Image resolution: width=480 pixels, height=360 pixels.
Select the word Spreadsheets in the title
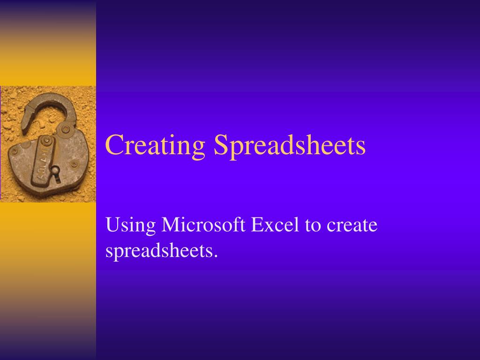click(289, 145)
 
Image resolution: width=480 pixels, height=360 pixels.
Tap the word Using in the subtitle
click(131, 226)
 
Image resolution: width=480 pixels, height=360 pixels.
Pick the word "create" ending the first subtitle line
click(352, 225)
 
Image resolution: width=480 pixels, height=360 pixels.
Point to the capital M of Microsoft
click(171, 225)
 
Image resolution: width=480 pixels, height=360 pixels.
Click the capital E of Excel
click(258, 225)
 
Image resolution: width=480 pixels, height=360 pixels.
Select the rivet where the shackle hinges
click(66, 128)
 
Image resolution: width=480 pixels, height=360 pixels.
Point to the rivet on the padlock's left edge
click(15, 151)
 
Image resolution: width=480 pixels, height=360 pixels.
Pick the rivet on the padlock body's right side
click(74, 164)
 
